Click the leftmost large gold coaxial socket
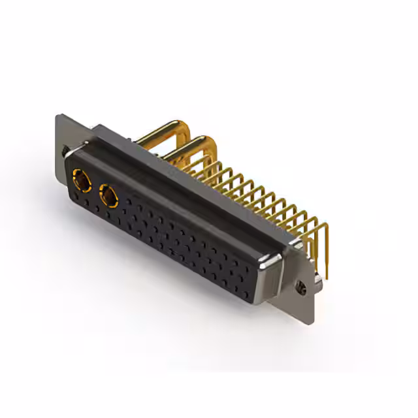point(82,178)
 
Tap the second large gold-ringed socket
point(108,195)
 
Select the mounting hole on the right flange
point(302,286)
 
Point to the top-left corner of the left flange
point(58,116)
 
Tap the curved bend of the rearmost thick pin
point(176,126)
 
